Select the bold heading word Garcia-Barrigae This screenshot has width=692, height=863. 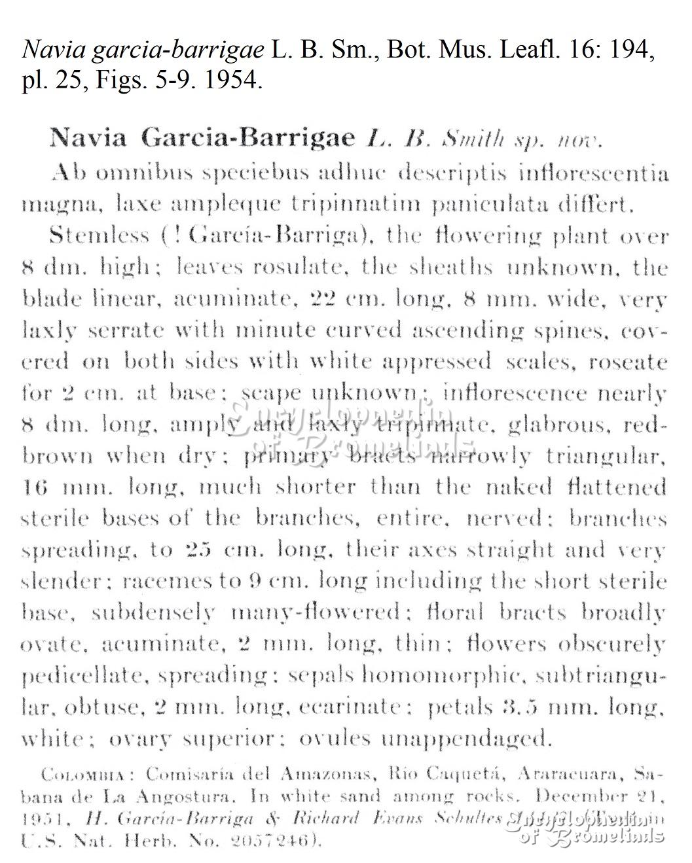248,138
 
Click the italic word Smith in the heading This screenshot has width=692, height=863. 473,139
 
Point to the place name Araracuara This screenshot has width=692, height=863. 572,775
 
